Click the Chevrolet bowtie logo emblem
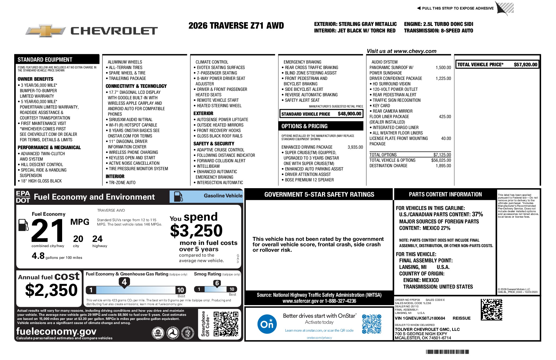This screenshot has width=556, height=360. (46, 31)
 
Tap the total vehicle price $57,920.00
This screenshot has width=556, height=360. (525, 65)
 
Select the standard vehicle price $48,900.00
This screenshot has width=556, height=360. (349, 114)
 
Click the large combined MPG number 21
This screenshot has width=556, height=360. (48, 231)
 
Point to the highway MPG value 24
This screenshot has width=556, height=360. (97, 239)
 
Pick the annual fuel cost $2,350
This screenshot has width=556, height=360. (51, 290)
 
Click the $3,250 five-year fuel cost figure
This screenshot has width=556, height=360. (196, 231)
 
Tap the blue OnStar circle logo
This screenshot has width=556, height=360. (267, 324)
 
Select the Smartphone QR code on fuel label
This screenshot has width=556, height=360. (226, 324)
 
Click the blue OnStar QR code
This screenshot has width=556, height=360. (371, 324)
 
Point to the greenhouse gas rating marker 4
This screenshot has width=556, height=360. (124, 282)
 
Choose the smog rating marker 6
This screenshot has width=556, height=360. (217, 283)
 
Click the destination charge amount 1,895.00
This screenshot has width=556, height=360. (443, 166)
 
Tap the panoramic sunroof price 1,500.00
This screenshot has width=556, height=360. (443, 68)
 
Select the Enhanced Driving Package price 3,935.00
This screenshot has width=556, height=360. (355, 147)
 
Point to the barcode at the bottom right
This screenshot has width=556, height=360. (447, 352)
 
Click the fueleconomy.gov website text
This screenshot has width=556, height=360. (56, 331)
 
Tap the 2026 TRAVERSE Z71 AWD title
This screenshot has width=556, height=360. (236, 26)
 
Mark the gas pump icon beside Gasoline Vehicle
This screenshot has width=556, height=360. (178, 196)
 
